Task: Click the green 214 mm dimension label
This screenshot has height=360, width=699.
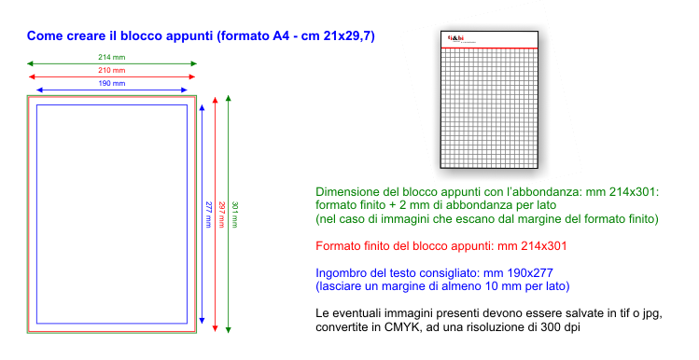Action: [111, 57]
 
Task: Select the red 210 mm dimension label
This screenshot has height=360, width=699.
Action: [111, 70]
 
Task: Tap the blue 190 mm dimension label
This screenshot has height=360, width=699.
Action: [111, 83]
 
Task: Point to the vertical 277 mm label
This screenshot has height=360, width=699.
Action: [208, 215]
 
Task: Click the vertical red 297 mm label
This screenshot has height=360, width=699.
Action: [221, 215]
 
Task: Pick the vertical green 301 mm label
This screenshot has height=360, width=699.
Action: [235, 215]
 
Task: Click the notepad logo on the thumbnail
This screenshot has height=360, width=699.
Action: [455, 38]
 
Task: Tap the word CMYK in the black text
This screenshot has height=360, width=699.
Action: [399, 327]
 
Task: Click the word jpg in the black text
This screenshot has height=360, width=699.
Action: [651, 314]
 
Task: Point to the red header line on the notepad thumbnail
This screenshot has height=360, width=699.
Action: [489, 48]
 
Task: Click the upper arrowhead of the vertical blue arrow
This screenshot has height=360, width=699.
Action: [202, 107]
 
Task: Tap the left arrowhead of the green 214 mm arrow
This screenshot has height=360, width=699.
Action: [30, 63]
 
